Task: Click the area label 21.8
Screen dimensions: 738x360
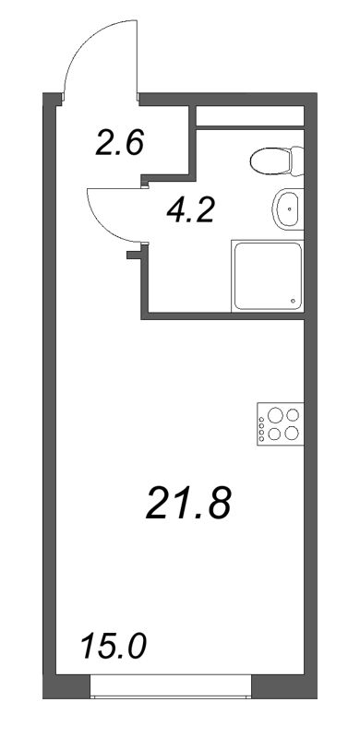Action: tap(187, 505)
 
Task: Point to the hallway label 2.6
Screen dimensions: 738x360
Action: tap(119, 143)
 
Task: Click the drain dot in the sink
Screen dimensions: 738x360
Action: tap(293, 211)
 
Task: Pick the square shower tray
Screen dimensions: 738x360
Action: tap(268, 275)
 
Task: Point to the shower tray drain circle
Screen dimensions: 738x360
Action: tap(294, 301)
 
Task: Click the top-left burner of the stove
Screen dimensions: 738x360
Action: tap(274, 416)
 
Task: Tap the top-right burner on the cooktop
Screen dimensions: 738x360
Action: tap(292, 416)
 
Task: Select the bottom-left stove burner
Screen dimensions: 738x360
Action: tap(274, 433)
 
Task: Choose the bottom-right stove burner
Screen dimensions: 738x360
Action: tap(292, 433)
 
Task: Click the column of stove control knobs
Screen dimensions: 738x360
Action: tap(261, 424)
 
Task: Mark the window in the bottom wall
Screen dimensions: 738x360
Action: tap(171, 686)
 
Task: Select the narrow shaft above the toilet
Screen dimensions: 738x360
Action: tap(249, 118)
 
